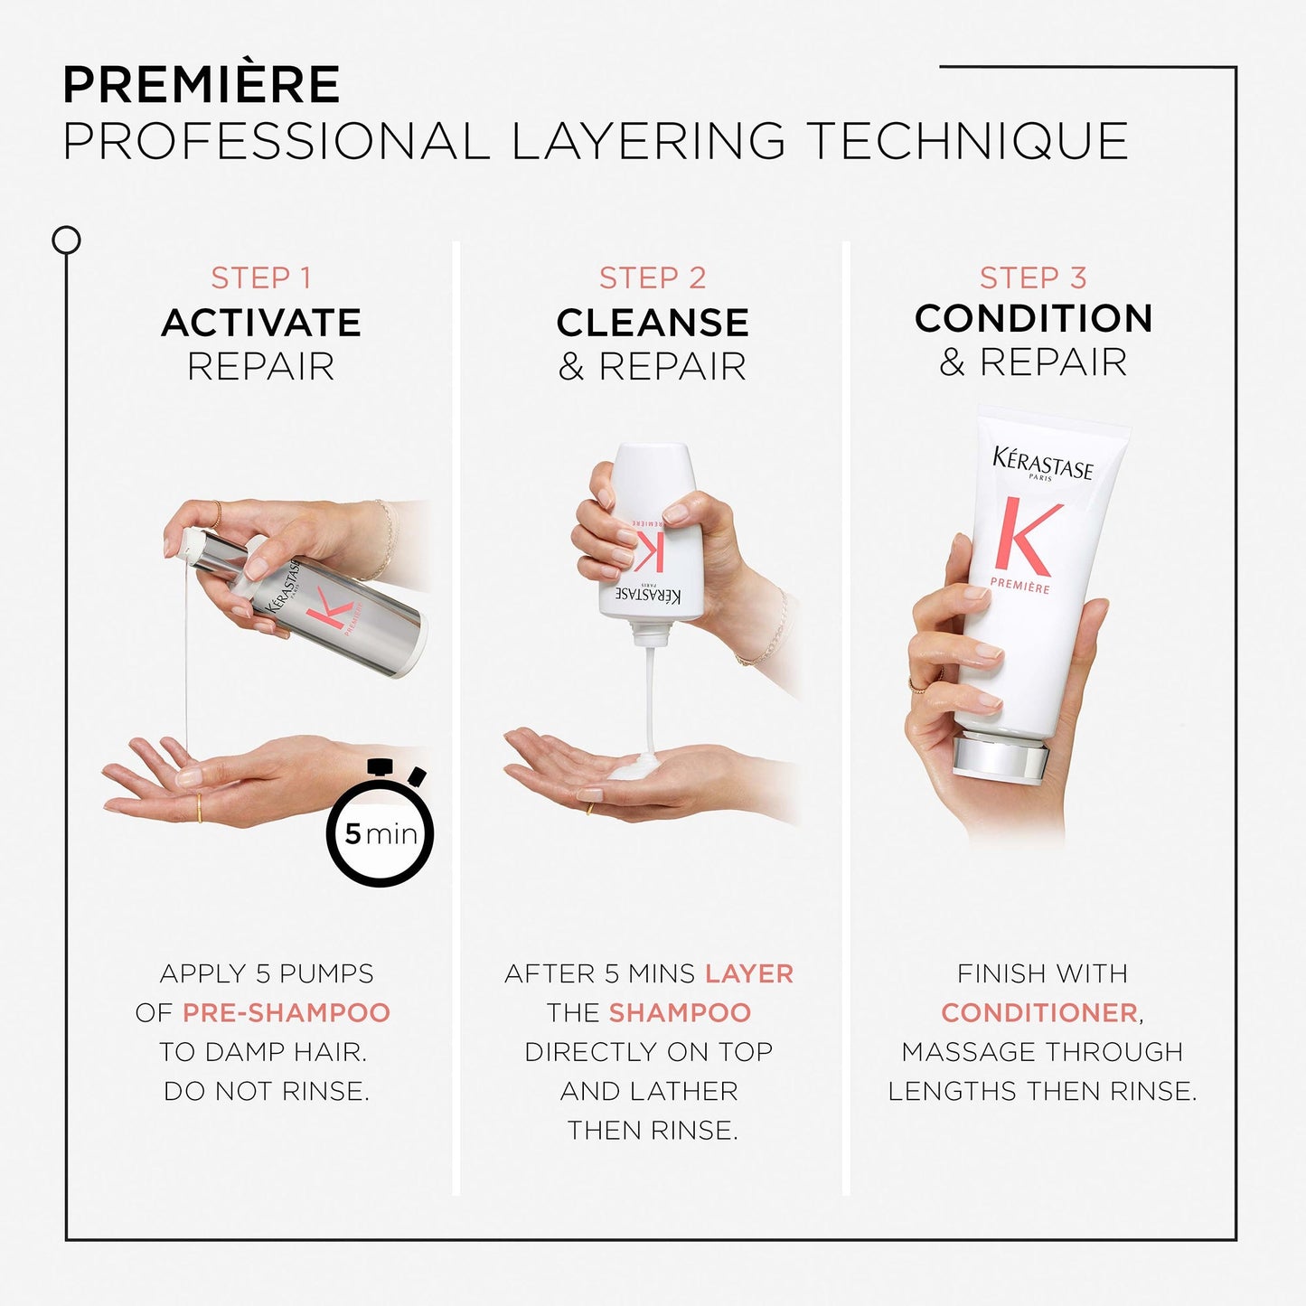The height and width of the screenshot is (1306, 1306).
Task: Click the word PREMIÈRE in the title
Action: click(201, 86)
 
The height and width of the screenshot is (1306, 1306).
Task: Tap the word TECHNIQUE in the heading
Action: click(967, 142)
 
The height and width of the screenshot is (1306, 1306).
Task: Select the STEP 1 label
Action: click(261, 278)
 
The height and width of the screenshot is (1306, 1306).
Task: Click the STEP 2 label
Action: click(653, 278)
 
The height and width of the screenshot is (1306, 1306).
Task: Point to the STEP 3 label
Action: click(1033, 278)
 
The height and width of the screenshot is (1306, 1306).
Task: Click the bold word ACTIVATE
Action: click(261, 323)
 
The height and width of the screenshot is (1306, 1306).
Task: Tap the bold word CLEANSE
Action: click(653, 323)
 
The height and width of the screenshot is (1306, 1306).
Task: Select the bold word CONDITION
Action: click(1033, 318)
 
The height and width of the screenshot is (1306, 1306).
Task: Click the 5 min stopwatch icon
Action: click(381, 831)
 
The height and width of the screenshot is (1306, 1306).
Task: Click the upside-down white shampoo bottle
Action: click(650, 542)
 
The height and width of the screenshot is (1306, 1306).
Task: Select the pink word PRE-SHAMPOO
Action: click(286, 1012)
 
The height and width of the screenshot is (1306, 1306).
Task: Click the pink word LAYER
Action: click(748, 973)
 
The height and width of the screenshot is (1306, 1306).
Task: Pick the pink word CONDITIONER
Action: click(1039, 1012)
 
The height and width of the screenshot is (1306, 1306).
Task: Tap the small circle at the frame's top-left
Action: click(66, 240)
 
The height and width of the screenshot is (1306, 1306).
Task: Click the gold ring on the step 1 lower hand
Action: click(199, 806)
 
